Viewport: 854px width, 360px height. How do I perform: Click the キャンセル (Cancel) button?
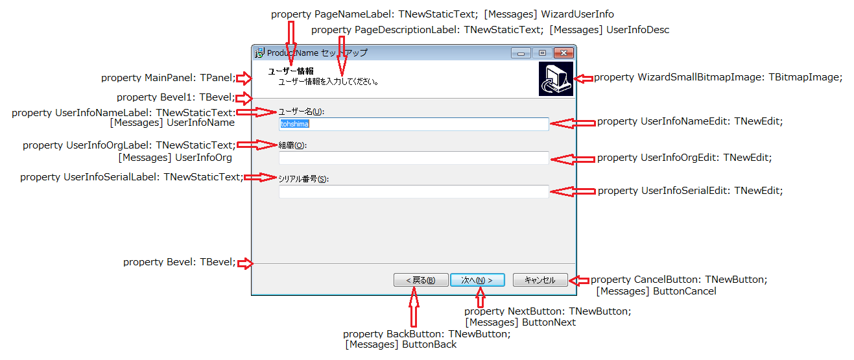(540, 280)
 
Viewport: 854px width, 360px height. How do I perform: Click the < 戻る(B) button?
(420, 280)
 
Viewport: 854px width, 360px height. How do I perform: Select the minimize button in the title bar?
(521, 53)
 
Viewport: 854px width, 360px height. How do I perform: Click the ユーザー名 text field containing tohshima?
(413, 124)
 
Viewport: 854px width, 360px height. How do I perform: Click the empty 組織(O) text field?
(413, 158)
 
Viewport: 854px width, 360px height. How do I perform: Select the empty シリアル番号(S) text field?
(413, 191)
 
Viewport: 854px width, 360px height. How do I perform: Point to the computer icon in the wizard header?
(556, 79)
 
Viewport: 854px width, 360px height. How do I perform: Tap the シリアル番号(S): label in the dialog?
(303, 179)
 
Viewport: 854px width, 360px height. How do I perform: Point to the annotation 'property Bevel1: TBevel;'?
(176, 98)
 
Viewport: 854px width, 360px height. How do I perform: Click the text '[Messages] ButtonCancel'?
(656, 292)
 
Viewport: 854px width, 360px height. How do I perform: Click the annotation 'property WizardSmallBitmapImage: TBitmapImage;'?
(718, 78)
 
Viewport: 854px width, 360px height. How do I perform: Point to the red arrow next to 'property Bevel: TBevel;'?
(245, 263)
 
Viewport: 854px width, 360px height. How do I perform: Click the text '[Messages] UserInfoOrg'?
(175, 157)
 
